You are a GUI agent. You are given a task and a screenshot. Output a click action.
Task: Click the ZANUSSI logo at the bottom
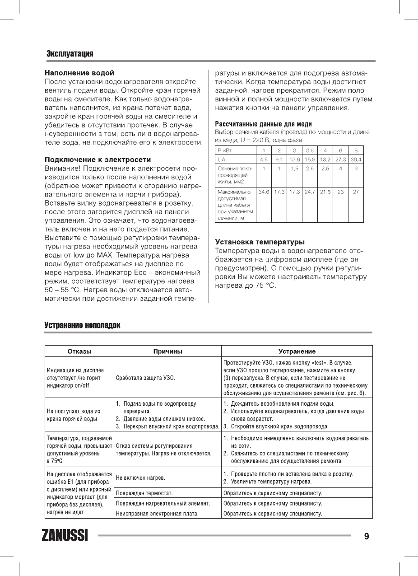[x=65, y=536]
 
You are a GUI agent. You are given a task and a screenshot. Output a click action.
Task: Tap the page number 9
[x=367, y=536]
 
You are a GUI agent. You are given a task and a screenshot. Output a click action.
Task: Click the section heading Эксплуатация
[x=70, y=54]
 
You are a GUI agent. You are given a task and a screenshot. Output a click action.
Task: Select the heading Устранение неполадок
[x=82, y=325]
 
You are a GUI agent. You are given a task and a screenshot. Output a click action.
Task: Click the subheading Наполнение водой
[x=79, y=73]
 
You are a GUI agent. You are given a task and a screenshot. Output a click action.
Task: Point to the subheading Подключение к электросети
[x=98, y=159]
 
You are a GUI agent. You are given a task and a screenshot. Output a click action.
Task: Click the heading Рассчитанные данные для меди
[x=263, y=124]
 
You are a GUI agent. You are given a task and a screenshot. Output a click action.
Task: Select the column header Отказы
[x=79, y=351]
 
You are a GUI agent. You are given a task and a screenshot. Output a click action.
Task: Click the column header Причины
[x=167, y=351]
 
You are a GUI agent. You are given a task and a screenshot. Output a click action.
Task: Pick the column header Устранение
[x=297, y=351]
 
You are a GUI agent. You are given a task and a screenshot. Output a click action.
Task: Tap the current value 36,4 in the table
[x=356, y=159]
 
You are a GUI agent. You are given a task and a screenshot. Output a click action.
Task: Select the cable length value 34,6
[x=264, y=192]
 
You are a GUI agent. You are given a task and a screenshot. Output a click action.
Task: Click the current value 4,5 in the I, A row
[x=264, y=159]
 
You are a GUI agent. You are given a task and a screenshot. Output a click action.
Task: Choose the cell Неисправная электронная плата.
[x=158, y=513]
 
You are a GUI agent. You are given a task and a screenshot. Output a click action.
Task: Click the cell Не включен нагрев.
[x=140, y=477]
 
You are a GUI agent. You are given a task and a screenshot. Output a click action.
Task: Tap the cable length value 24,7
[x=310, y=192]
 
